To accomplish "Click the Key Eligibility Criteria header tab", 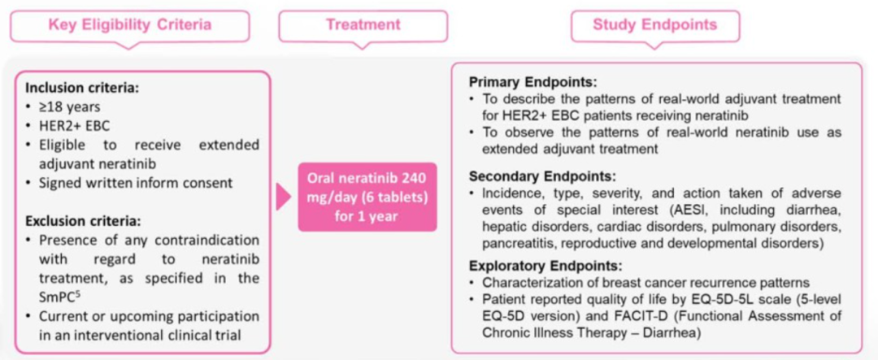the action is click(129, 26).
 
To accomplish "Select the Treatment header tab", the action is click(363, 26).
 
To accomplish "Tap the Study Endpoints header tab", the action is click(654, 26).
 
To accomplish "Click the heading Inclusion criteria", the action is click(75, 89).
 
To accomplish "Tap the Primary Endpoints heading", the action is click(533, 82).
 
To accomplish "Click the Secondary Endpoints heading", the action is click(542, 177).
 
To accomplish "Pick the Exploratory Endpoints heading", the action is click(546, 265).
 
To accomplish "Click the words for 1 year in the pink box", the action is click(367, 216).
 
